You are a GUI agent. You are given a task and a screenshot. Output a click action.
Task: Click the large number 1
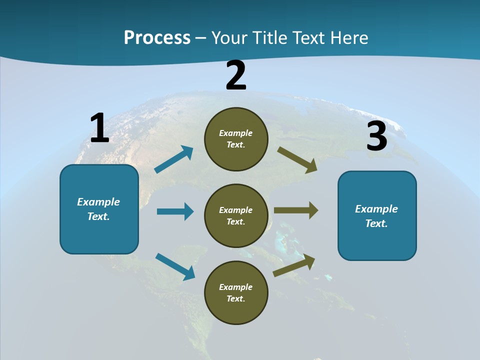pos(99,128)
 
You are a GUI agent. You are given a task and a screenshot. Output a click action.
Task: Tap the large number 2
pos(236,75)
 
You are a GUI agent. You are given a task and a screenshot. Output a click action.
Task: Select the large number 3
pos(376,136)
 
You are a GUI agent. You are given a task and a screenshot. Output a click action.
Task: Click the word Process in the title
pos(157,37)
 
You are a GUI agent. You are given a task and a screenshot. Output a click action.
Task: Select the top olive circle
pos(236,139)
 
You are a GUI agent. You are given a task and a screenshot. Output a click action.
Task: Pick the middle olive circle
pos(236,216)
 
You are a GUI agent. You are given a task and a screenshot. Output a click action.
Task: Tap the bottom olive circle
pos(236,293)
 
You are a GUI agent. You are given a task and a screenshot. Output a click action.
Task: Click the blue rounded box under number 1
pos(99,209)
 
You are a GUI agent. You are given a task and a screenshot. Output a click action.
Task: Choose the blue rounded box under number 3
pos(377,216)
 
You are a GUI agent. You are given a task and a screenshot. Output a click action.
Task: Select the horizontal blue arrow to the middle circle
pos(175,211)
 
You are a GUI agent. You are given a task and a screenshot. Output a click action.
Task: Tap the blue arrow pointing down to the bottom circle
pos(175,266)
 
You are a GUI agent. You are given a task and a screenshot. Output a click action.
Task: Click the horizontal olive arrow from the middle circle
pos(296,210)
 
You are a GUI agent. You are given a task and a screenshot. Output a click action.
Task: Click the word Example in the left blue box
pos(98,202)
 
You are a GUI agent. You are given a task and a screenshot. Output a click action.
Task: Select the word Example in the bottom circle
pos(236,287)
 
